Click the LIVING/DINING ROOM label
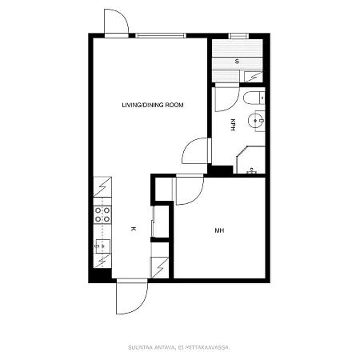click(153, 105)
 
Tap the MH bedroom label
click(219, 230)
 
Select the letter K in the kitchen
click(134, 229)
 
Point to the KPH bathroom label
click(233, 125)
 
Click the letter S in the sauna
click(237, 62)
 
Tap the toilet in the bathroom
click(254, 98)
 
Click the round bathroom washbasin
click(255, 121)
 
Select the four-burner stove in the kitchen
click(102, 214)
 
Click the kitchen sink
click(102, 246)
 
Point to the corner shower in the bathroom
click(250, 160)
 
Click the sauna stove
click(254, 77)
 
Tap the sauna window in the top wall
click(238, 36)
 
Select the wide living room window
click(161, 36)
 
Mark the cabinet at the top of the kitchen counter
click(102, 186)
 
